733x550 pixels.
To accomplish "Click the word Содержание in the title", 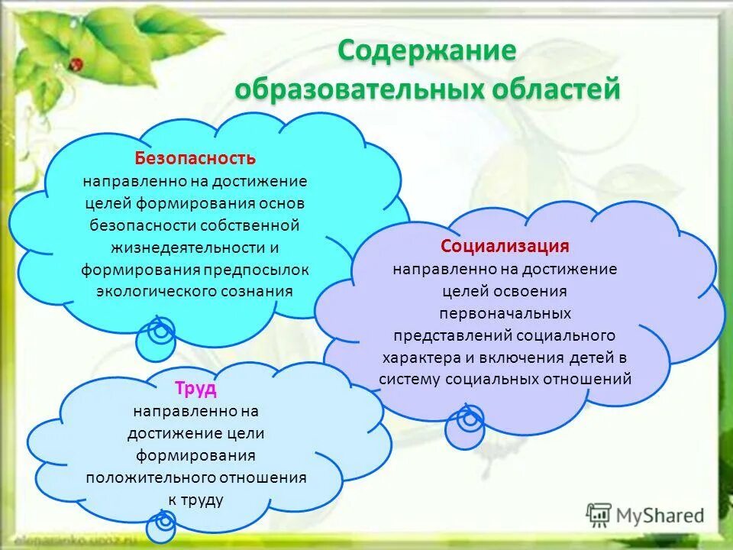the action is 428,51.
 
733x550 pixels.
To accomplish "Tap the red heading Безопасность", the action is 195,158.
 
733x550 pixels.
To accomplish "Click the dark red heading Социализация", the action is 505,245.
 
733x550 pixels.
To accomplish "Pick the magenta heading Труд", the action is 196,388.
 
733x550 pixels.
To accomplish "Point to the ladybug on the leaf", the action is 76,63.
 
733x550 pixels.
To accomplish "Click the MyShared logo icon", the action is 599,516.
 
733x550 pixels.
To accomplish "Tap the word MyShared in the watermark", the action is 660,516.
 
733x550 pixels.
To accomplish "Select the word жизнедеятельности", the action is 189,247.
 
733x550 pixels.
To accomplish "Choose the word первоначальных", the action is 505,313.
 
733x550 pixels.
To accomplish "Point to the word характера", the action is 421,357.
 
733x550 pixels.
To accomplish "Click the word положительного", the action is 150,478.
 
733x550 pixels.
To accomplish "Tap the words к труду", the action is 196,500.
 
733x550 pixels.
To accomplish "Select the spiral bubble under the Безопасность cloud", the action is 156,337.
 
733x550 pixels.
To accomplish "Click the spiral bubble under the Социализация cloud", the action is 465,426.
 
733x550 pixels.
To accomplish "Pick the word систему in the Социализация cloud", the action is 409,380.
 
